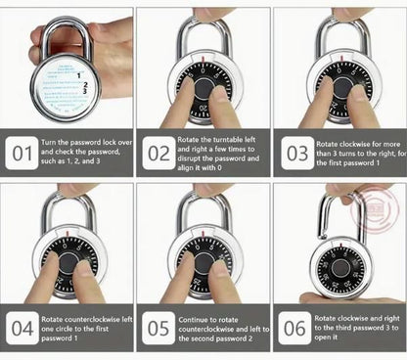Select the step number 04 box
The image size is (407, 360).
pyautogui.click(x=21, y=326)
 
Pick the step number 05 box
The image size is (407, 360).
pyautogui.click(x=157, y=326)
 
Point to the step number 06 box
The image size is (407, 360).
pyautogui.click(x=293, y=326)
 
